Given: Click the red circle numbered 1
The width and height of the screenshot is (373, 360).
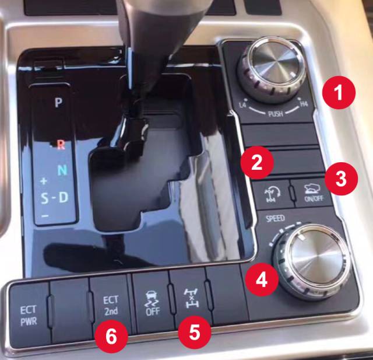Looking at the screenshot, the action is pyautogui.click(x=339, y=92).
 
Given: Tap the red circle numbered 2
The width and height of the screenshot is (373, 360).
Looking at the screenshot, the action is pyautogui.click(x=257, y=163).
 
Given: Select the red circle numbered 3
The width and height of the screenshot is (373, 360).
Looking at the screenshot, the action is pyautogui.click(x=341, y=179).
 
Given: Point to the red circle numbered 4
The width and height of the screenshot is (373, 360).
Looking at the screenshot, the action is pyautogui.click(x=262, y=279).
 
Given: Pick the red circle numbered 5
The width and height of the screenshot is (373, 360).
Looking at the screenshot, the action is pyautogui.click(x=195, y=333).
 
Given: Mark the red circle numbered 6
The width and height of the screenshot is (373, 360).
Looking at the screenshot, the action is pyautogui.click(x=111, y=337).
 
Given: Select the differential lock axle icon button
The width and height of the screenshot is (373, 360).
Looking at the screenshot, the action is pyautogui.click(x=192, y=298).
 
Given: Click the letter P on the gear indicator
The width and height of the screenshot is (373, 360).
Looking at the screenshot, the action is pyautogui.click(x=58, y=102).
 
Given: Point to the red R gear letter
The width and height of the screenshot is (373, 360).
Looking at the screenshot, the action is pyautogui.click(x=61, y=144).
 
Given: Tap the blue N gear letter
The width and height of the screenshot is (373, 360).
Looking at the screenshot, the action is pyautogui.click(x=62, y=170).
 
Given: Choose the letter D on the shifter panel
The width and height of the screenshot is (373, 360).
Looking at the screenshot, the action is pyautogui.click(x=64, y=197).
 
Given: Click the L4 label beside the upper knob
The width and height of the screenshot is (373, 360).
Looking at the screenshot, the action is pyautogui.click(x=242, y=105).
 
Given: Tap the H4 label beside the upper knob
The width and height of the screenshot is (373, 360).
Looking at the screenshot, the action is pyautogui.click(x=304, y=104).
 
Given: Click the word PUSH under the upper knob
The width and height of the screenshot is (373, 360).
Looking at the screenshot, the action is pyautogui.click(x=276, y=114).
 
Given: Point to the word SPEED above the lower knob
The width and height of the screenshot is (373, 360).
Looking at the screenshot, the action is pyautogui.click(x=275, y=218).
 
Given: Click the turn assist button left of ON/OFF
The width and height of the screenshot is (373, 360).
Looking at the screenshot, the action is pyautogui.click(x=273, y=194).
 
